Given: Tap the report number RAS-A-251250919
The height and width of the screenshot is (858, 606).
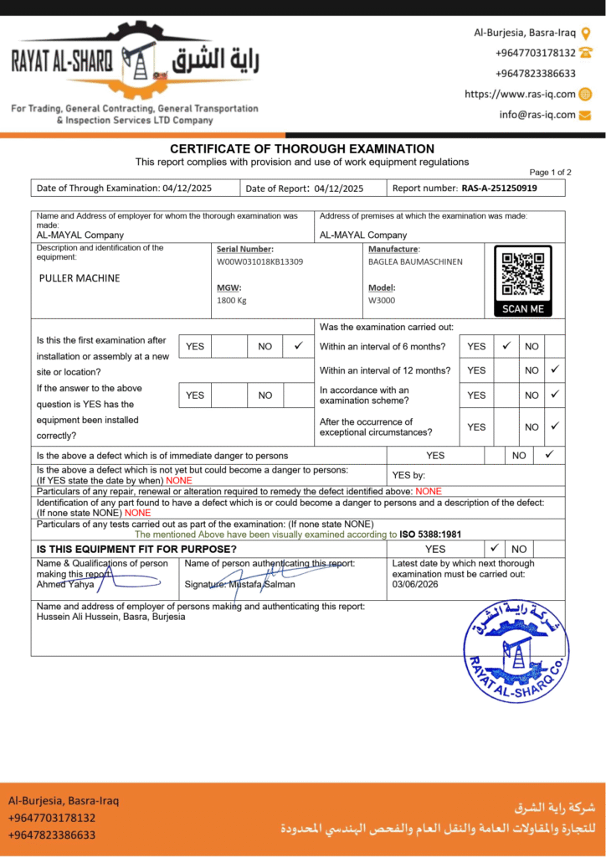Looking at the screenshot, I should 499,189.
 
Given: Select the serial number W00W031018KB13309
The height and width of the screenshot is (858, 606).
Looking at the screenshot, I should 259,261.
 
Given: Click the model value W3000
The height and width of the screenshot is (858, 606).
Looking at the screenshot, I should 382,300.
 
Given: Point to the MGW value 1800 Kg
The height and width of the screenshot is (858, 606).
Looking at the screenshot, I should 232,300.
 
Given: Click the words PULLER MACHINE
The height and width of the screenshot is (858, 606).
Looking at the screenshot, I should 80,278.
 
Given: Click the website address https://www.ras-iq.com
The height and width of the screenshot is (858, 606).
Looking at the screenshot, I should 520,95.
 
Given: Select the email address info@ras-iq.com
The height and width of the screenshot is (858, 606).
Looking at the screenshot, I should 537,115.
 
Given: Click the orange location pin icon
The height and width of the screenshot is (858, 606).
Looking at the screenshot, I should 586,34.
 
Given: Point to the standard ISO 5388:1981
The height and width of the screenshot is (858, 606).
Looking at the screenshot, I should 430,534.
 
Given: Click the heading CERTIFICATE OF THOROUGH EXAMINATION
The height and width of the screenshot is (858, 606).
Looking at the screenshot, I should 302,148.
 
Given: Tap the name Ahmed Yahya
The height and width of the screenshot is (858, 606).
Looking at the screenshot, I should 65,585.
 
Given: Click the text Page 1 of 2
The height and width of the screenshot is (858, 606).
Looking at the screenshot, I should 550,172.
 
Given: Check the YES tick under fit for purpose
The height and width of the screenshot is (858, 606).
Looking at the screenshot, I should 495,549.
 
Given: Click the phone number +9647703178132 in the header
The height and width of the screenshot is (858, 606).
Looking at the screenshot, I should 536,53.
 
